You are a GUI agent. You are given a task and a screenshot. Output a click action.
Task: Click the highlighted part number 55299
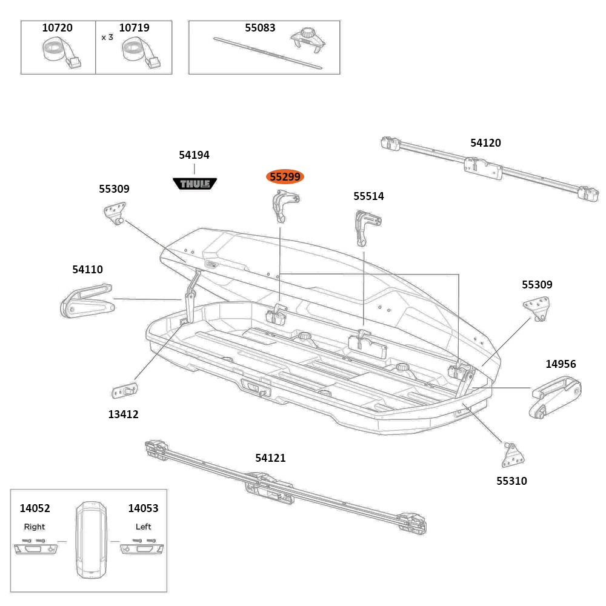click(285, 177)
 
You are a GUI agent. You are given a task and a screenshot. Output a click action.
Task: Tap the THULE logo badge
click(195, 183)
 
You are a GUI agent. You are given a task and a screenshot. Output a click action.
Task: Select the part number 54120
click(485, 143)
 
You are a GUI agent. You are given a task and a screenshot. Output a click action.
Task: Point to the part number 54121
click(270, 458)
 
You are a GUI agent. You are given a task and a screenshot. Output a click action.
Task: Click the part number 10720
click(57, 28)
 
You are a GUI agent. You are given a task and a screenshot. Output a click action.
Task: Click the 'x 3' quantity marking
click(107, 37)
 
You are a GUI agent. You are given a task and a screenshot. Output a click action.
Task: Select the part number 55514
click(368, 196)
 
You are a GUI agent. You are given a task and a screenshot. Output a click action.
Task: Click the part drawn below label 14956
click(555, 398)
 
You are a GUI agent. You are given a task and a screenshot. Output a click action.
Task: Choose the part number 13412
click(124, 415)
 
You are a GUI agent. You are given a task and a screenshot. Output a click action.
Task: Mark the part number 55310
click(511, 481)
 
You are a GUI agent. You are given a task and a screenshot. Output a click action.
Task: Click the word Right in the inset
click(35, 527)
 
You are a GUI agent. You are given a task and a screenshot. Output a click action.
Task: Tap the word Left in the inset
click(144, 527)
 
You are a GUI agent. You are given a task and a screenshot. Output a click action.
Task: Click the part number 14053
click(143, 508)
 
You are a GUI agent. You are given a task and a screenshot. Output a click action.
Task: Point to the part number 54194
click(194, 155)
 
